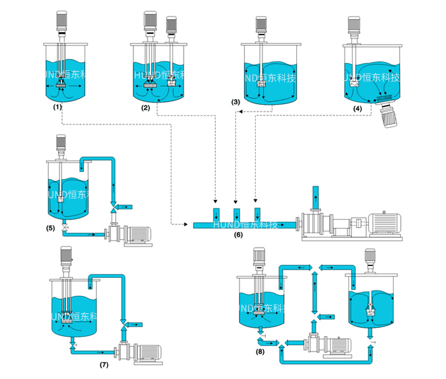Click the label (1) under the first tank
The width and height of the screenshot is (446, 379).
pyautogui.click(x=58, y=107)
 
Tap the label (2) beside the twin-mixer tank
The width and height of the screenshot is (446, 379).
pyautogui.click(x=146, y=107)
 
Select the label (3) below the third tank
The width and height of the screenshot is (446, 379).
pyautogui.click(x=236, y=102)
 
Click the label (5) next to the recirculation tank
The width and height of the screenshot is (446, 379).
pyautogui.click(x=50, y=227)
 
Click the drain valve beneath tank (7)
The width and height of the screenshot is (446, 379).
pyautogui.click(x=73, y=344)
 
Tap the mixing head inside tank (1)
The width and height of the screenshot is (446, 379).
pyautogui.click(x=61, y=86)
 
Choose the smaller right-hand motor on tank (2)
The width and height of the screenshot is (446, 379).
pyautogui.click(x=172, y=25)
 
